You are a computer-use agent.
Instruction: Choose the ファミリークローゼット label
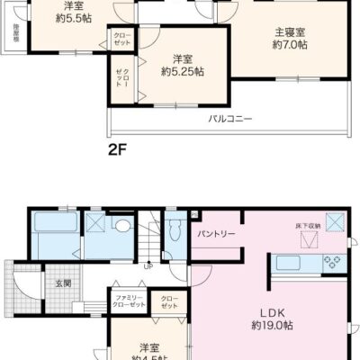130,300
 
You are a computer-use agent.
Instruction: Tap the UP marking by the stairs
148,265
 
